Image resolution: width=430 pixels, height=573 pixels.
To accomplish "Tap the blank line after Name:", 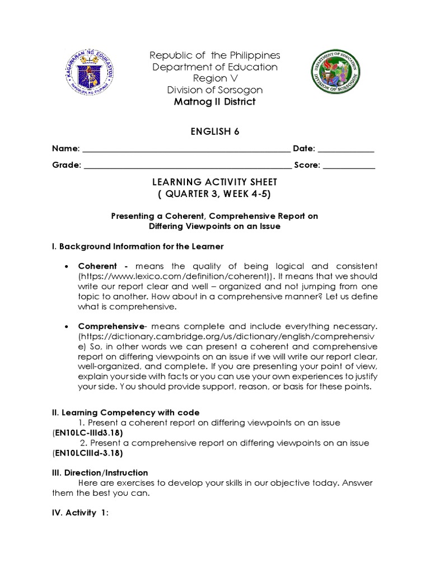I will click(x=186, y=150).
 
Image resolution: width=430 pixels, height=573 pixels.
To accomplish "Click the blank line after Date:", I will click(x=346, y=150).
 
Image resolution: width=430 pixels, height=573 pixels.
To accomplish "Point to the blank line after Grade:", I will click(x=188, y=166).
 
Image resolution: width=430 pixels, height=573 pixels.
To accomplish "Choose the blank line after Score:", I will click(x=349, y=166).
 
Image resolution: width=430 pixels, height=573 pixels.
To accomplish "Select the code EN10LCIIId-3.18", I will click(x=88, y=453).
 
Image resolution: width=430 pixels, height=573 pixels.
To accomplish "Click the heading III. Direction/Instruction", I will click(x=100, y=473).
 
